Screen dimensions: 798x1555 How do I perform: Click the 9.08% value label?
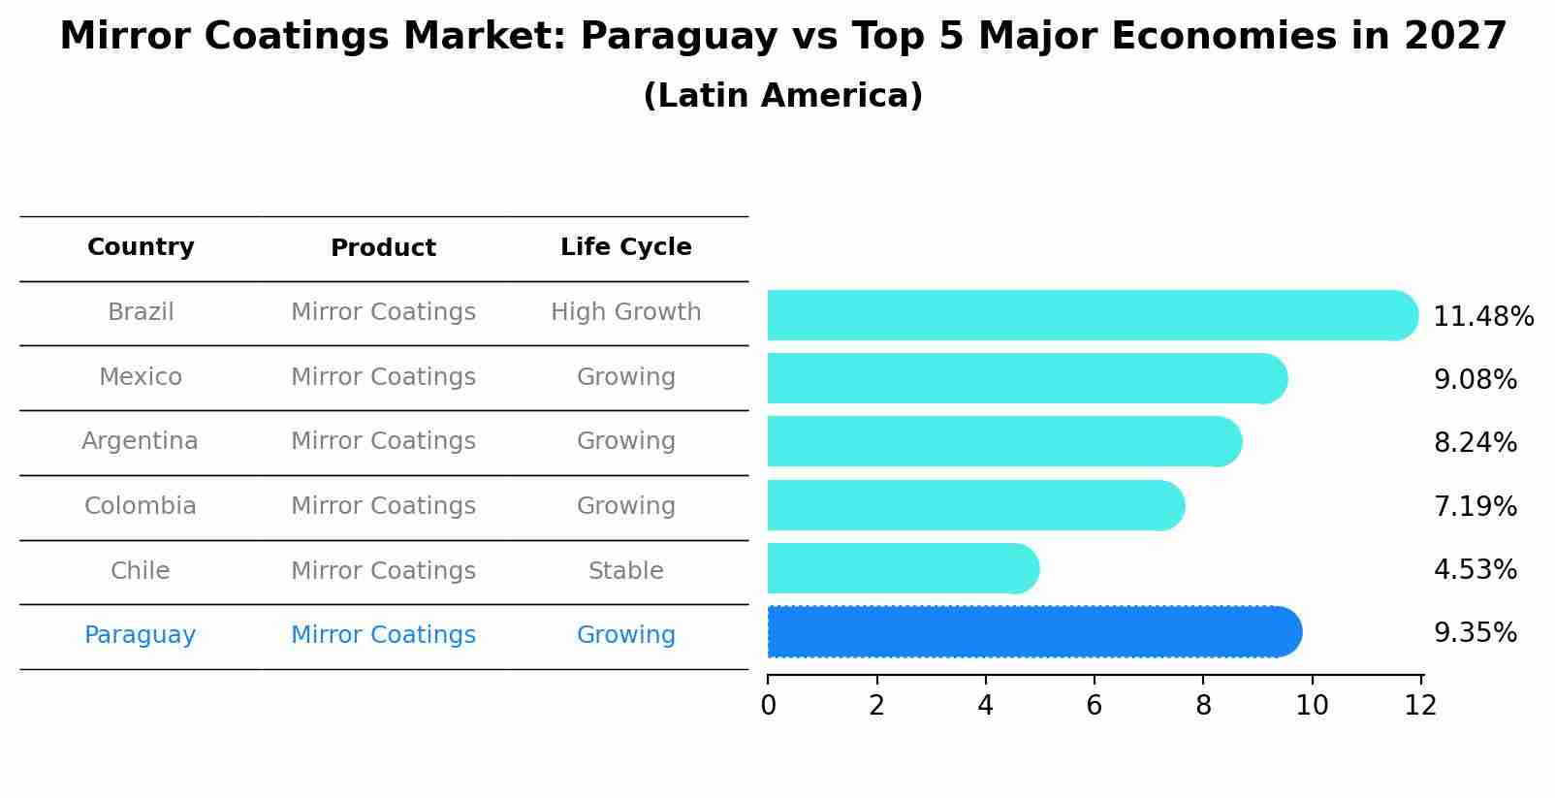(1475, 380)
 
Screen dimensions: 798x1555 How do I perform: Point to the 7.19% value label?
(1475, 507)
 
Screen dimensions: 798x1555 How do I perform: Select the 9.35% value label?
(1475, 633)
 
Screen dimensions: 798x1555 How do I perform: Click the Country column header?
(141, 247)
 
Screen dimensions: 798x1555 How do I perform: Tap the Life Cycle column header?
(625, 247)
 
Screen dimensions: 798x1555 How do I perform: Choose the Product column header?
(383, 248)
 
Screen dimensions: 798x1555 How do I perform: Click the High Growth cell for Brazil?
(625, 312)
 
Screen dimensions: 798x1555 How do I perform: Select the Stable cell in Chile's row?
(625, 571)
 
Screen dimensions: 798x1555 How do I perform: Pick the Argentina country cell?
(140, 441)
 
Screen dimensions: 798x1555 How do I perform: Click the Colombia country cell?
(140, 506)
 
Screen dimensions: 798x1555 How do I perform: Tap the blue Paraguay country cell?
(140, 635)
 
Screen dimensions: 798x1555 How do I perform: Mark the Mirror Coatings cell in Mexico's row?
(383, 377)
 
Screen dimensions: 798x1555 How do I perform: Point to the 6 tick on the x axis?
(1094, 706)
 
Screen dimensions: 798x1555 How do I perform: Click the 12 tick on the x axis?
(1420, 706)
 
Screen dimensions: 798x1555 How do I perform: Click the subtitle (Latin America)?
(782, 96)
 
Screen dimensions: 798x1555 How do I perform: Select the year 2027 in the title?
(1454, 37)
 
